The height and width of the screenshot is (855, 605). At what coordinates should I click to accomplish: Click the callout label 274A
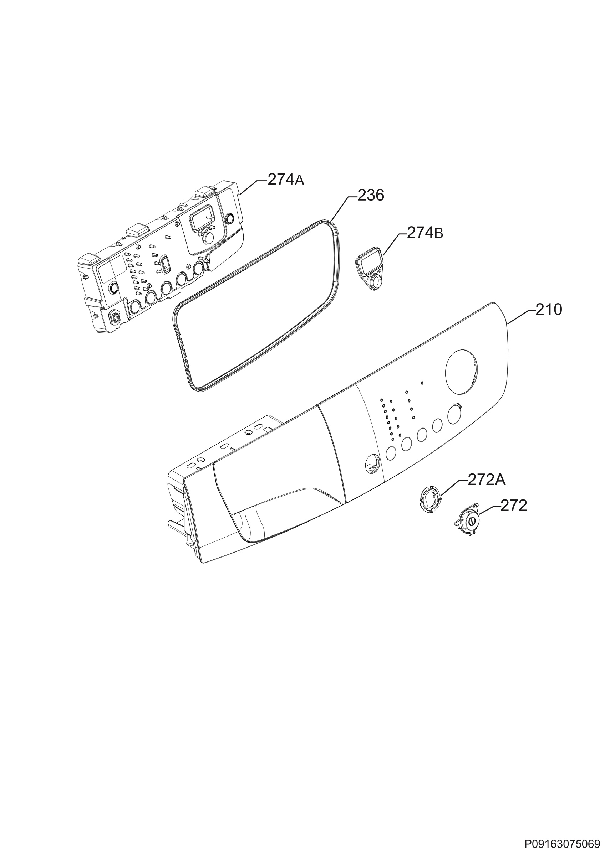point(285,180)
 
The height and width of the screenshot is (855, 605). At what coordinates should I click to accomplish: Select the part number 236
point(371,195)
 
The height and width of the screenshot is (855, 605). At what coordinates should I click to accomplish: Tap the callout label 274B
point(425,233)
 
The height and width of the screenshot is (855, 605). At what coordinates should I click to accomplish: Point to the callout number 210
point(549,310)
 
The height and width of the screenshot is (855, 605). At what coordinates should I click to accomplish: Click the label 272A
point(487,481)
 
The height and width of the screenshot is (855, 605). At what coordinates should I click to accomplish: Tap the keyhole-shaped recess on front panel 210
point(371,464)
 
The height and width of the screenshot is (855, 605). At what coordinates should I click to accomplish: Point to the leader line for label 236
point(340,208)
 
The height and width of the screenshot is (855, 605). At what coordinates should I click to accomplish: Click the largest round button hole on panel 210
point(455,414)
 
